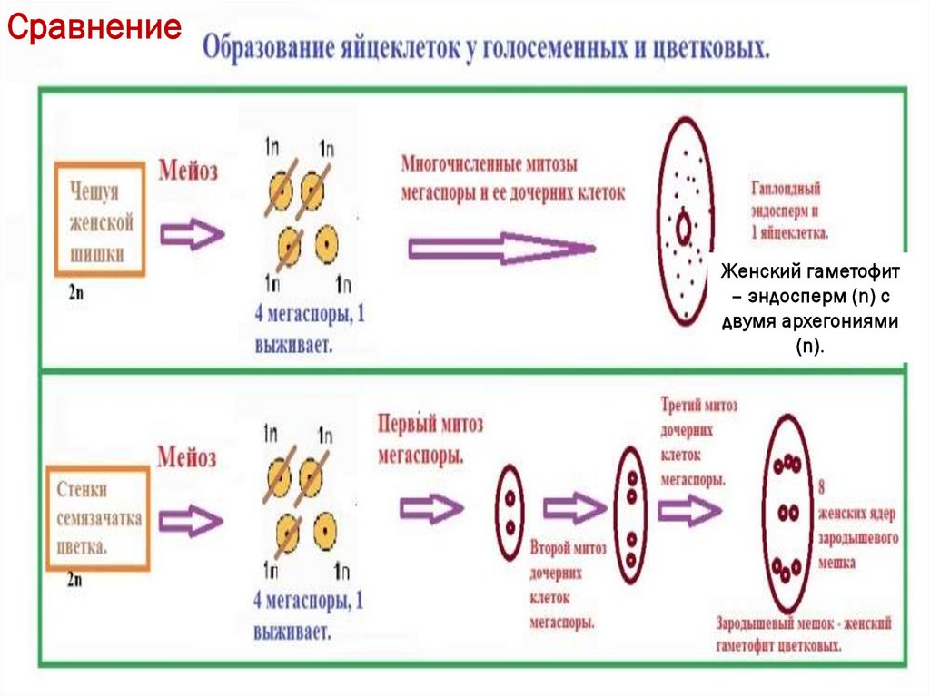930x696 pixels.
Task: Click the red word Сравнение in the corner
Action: (x=94, y=27)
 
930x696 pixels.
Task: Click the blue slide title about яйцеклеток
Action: (x=486, y=47)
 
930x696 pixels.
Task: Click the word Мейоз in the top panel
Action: (x=188, y=171)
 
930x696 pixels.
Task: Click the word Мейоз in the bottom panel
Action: (x=187, y=456)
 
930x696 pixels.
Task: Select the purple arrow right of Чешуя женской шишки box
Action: (x=192, y=235)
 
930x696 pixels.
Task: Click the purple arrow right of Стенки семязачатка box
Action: (x=192, y=519)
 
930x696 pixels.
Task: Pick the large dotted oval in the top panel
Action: (x=687, y=223)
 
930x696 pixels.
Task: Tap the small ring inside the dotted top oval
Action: (x=683, y=223)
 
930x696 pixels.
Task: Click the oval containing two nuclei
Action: (x=510, y=512)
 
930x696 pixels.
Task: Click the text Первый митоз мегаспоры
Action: (x=430, y=436)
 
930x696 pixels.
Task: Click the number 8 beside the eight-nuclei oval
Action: (x=822, y=485)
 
